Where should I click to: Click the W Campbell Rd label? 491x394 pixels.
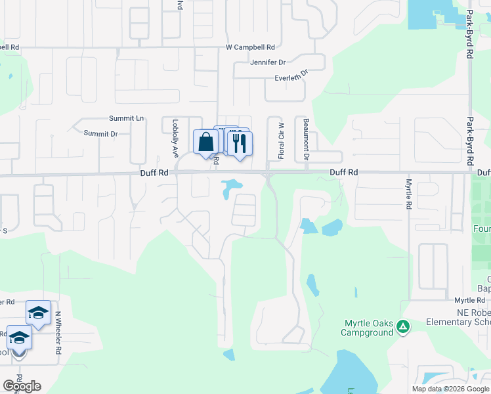tap(249, 48)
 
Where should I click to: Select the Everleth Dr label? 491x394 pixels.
tap(291, 78)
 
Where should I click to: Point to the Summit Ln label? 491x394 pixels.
tap(126, 118)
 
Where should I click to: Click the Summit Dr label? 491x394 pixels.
tap(100, 133)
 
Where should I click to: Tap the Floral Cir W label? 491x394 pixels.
tap(281, 141)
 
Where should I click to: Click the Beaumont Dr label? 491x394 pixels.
tap(306, 140)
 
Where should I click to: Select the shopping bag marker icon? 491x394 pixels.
tap(205, 141)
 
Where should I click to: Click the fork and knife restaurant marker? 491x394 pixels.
tap(239, 143)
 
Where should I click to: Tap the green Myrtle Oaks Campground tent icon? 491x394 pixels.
tap(404, 326)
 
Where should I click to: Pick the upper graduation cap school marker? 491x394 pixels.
tap(38, 313)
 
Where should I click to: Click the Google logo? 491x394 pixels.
tap(22, 386)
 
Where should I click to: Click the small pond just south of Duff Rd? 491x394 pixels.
tap(228, 188)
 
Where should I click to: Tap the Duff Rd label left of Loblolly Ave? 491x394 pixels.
tap(154, 173)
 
